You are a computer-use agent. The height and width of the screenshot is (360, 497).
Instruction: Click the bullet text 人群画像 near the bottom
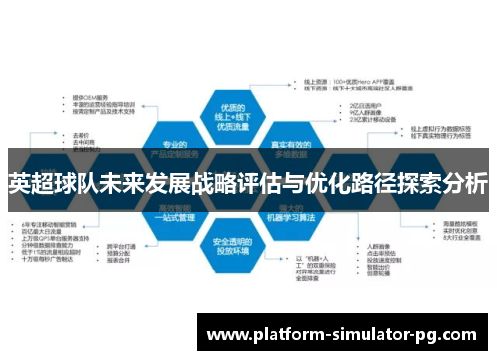[378, 244]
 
